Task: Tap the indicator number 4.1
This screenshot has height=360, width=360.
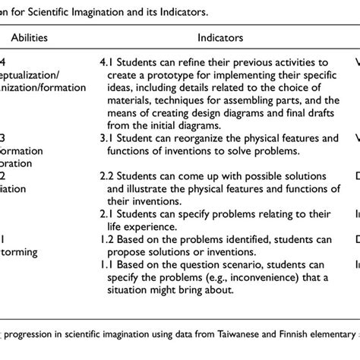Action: pos(108,62)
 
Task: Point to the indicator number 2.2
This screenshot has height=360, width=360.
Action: pos(108,177)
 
